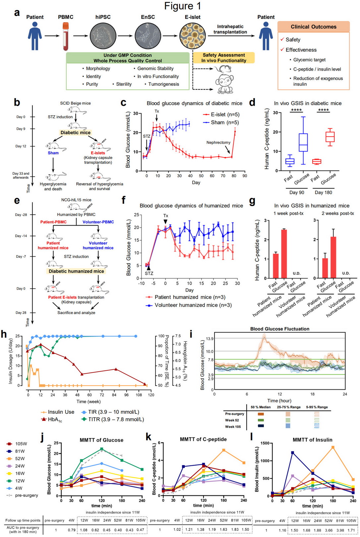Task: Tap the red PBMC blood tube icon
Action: pos(66,36)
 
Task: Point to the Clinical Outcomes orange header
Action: pos(313,27)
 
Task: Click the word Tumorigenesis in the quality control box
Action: pos(163,84)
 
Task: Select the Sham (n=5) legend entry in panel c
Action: pos(220,123)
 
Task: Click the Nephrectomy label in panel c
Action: pos(218,142)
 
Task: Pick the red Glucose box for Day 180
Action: pos(330,136)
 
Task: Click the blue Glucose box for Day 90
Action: pos(303,142)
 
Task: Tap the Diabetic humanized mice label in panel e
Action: pos(76,271)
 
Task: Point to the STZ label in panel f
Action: pos(149,273)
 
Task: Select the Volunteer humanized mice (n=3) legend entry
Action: pos(188,305)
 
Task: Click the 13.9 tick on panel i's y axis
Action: pos(210,339)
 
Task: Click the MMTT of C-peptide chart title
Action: pos(203,439)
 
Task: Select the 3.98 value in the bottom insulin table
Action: pos(340,530)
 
